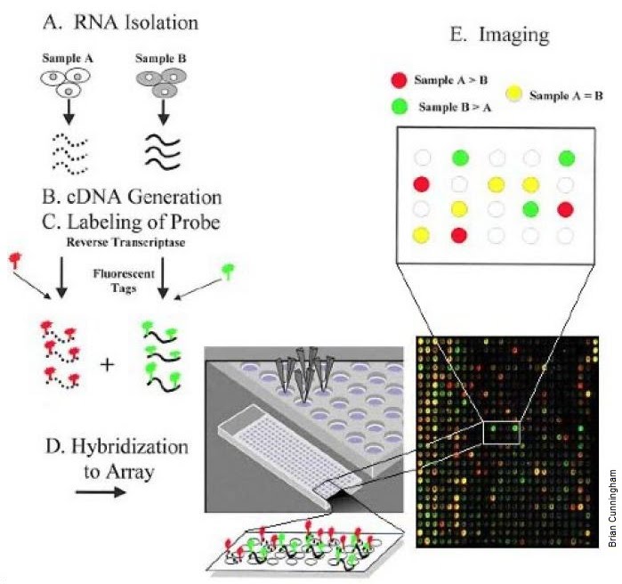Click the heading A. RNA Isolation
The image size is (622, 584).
[x=124, y=20]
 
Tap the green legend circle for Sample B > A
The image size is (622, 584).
[x=400, y=107]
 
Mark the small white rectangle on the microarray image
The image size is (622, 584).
[x=500, y=432]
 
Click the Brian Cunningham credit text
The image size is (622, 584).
[x=612, y=508]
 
